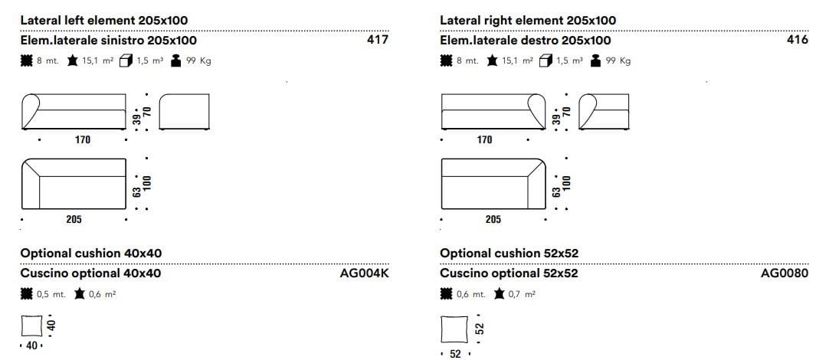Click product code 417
tap(378, 40)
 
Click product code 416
tap(798, 40)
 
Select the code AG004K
tap(365, 273)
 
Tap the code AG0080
tap(785, 273)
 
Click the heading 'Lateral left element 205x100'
tap(104, 21)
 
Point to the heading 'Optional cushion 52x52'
tap(510, 254)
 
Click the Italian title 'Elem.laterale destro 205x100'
tap(525, 40)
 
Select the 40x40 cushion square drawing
tap(31, 326)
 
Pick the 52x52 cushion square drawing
tap(454, 329)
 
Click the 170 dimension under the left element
tap(83, 139)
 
